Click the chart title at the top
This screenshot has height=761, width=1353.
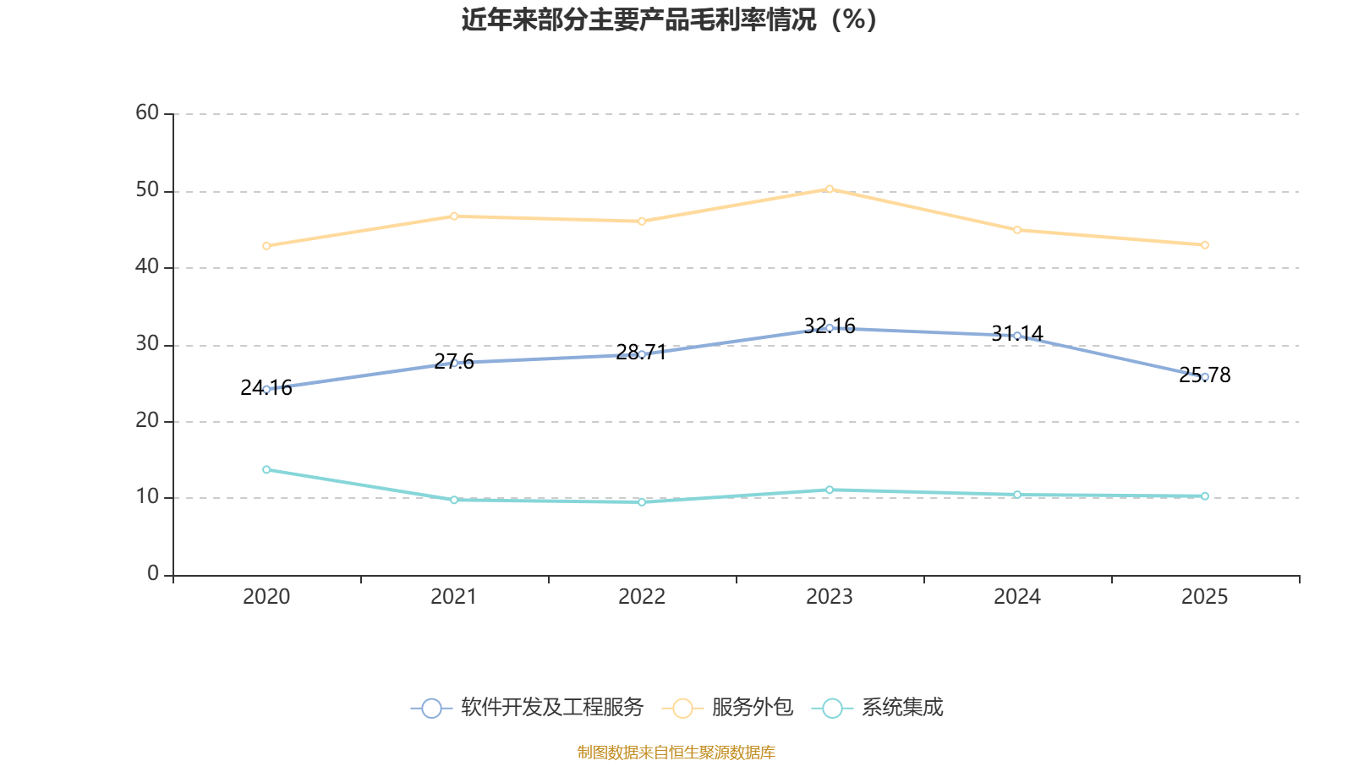(669, 19)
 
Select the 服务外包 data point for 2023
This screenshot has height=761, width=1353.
(830, 189)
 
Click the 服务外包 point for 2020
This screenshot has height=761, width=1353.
(266, 246)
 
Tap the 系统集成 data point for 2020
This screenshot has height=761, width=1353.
(266, 469)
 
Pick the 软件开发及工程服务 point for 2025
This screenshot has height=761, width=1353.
(1205, 377)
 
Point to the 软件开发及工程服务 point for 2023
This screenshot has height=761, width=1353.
(830, 328)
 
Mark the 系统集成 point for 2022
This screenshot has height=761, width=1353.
(642, 502)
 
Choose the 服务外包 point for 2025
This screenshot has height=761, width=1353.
(1205, 245)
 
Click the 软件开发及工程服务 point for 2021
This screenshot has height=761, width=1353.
(454, 363)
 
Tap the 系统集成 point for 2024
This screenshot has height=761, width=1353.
(1017, 495)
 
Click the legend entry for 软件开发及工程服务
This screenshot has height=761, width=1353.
(528, 708)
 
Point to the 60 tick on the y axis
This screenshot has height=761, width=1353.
(147, 113)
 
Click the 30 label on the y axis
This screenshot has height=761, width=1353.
(147, 344)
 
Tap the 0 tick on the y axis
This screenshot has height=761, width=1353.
(153, 574)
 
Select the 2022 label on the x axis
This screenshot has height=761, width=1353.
(642, 597)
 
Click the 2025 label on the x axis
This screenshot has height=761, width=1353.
(1205, 597)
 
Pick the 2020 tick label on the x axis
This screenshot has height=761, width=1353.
(266, 597)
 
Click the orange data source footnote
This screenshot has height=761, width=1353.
(676, 752)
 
